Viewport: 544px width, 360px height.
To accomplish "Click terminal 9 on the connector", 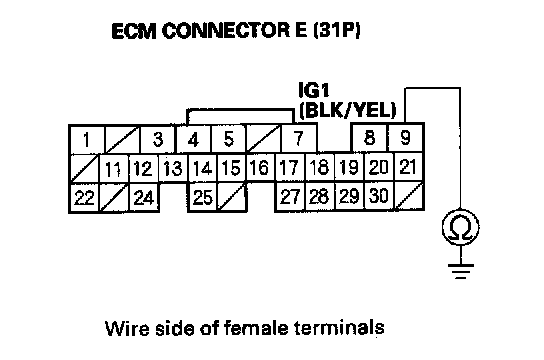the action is [406, 138].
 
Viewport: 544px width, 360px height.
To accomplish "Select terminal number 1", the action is [87, 140].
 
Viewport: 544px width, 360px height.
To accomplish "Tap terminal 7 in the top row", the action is [298, 138].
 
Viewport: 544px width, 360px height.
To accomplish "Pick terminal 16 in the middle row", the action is [260, 168].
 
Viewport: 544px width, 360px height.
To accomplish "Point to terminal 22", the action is [85, 198].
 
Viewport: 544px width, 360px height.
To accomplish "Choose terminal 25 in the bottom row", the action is [203, 198].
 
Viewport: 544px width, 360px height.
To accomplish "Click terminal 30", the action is [379, 196].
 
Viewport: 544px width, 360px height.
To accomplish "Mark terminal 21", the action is [408, 167].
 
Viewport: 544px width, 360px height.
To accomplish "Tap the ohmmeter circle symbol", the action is [461, 227].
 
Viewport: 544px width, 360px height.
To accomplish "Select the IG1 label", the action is [314, 90].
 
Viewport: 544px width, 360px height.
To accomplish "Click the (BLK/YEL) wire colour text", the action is [347, 111].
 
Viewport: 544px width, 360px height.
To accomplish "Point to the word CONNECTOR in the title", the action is [226, 31].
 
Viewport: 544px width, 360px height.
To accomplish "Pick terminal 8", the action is [369, 138].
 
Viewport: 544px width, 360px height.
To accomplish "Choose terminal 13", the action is [173, 169].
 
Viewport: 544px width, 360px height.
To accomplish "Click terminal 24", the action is [144, 198].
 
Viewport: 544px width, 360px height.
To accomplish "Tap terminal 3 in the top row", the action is [158, 139].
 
